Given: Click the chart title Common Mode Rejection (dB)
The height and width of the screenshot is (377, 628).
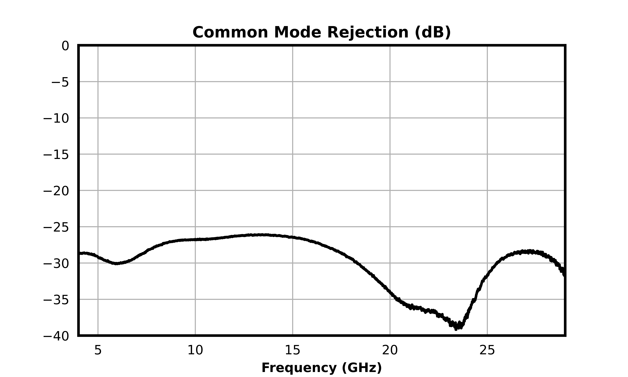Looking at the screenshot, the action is (x=322, y=32).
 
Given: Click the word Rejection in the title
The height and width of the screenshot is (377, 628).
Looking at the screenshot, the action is (x=368, y=32).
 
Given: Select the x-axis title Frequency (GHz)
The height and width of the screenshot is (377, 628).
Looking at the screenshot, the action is (x=322, y=368).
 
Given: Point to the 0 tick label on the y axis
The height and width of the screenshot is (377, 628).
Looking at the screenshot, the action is (x=65, y=46).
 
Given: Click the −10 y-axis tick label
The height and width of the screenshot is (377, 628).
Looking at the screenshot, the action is (x=56, y=119).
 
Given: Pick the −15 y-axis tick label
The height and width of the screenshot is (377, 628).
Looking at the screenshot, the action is (x=56, y=155).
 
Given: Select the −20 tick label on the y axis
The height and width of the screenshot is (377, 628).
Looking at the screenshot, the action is (x=56, y=191).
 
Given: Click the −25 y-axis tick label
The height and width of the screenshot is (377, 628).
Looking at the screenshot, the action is (x=56, y=228).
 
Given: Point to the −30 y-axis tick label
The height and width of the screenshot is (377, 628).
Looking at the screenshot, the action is (x=56, y=264).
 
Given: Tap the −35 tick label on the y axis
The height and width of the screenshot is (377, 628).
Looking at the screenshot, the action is (x=56, y=300).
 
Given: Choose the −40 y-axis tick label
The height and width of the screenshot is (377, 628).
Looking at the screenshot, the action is (x=56, y=337).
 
